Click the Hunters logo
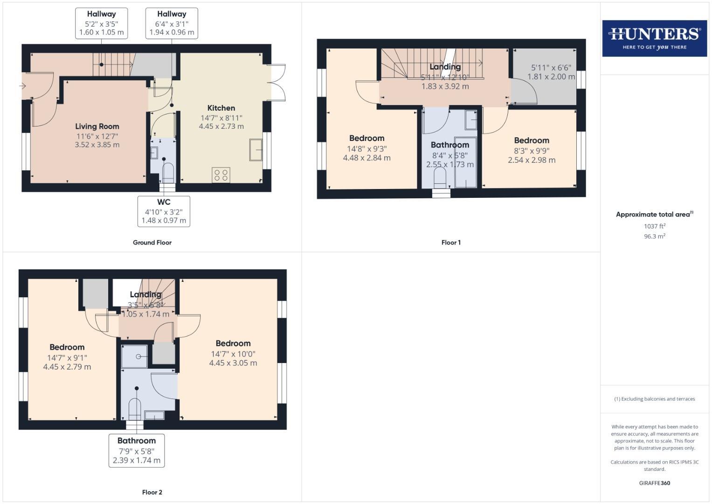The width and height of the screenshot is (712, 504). pyautogui.click(x=654, y=38)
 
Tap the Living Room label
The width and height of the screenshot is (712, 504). pyautogui.click(x=97, y=126)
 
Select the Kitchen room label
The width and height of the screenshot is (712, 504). pyautogui.click(x=221, y=108)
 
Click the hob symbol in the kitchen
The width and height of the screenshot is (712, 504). pyautogui.click(x=221, y=175)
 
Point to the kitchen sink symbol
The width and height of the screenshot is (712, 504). pyautogui.click(x=256, y=149)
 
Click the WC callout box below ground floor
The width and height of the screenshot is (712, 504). pyautogui.click(x=164, y=211)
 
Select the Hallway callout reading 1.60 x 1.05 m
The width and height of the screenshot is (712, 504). pyautogui.click(x=101, y=23)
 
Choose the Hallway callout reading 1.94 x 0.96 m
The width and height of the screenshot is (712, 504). pyautogui.click(x=172, y=23)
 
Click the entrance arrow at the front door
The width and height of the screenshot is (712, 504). pyautogui.click(x=22, y=86)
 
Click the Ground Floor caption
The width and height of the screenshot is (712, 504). pyautogui.click(x=152, y=243)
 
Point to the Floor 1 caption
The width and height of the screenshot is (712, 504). pyautogui.click(x=451, y=243)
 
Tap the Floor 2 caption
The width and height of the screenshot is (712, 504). pyautogui.click(x=152, y=492)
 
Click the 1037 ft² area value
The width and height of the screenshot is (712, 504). pyautogui.click(x=655, y=226)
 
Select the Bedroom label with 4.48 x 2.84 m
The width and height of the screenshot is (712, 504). pyautogui.click(x=367, y=138)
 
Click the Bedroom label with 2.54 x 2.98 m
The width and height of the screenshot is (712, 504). pyautogui.click(x=532, y=140)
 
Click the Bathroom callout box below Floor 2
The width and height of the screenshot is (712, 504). pyautogui.click(x=137, y=450)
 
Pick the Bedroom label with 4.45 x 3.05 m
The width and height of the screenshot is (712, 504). pyautogui.click(x=233, y=343)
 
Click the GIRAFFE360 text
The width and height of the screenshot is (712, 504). pyautogui.click(x=654, y=483)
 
